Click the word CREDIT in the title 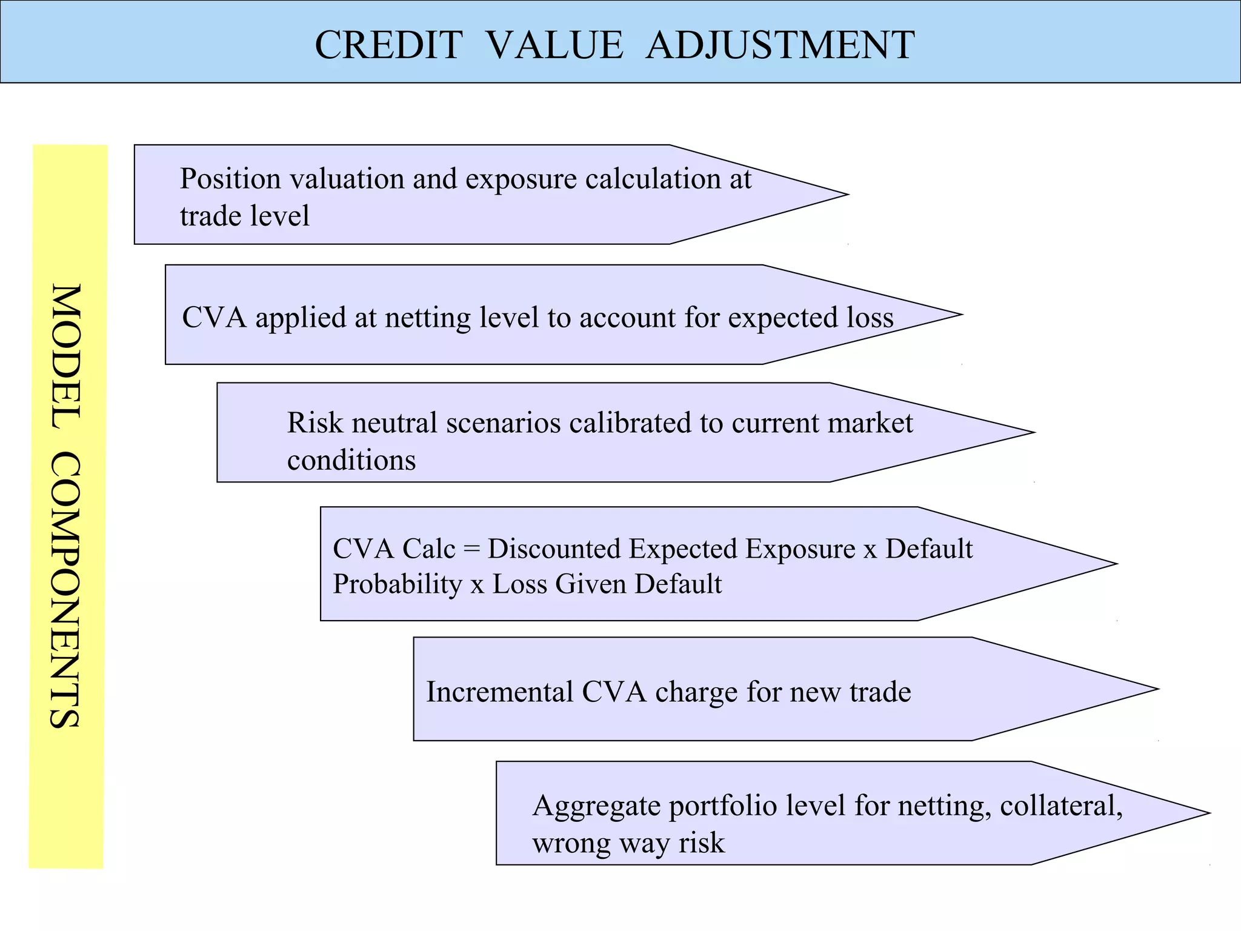click(x=388, y=45)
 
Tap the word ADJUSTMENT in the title click(x=780, y=45)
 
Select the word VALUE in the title click(x=554, y=45)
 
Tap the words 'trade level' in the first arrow click(x=244, y=216)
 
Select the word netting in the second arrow click(x=427, y=318)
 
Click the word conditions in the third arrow click(x=351, y=460)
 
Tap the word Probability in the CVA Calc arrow click(x=398, y=584)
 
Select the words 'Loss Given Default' click(x=607, y=584)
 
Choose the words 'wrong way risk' click(x=628, y=843)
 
